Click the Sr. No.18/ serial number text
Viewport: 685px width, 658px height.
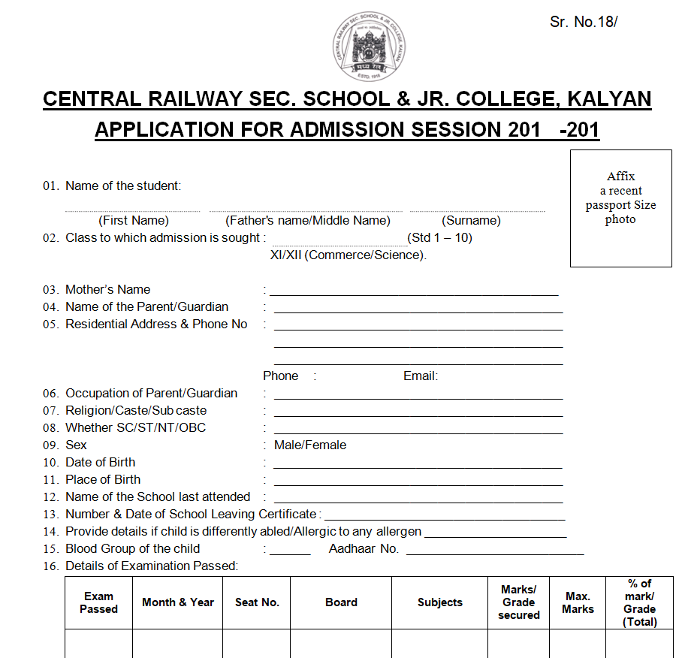coord(584,22)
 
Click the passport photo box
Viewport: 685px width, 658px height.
coord(620,208)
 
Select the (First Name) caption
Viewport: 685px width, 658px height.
coord(134,221)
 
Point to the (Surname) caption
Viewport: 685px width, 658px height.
coord(471,221)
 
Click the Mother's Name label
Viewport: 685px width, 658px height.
coord(107,290)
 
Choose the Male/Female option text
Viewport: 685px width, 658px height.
coord(310,445)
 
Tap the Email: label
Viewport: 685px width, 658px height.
coord(421,376)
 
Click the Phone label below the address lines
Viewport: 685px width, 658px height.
coord(280,376)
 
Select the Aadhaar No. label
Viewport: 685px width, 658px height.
coord(364,549)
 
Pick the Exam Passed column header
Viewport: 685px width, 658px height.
coord(99,602)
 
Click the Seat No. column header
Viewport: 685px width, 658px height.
coord(257,602)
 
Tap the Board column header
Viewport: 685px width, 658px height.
coord(341,602)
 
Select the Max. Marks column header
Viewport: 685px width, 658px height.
coord(578,602)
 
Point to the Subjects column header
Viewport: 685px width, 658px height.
coord(440,602)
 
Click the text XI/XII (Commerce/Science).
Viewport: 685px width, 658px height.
coord(349,255)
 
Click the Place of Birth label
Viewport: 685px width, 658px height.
coord(103,480)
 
